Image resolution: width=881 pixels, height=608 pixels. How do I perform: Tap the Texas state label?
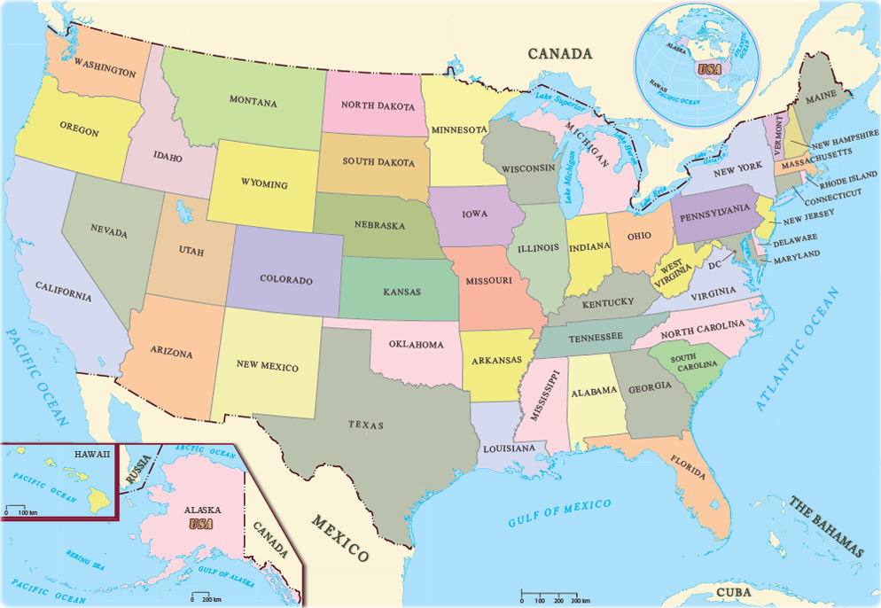pyautogui.click(x=366, y=425)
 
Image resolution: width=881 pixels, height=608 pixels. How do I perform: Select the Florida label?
pyautogui.click(x=689, y=468)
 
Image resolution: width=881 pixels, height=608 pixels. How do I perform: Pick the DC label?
pyautogui.click(x=715, y=265)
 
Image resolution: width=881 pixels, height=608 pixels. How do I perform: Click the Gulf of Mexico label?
pyautogui.click(x=559, y=513)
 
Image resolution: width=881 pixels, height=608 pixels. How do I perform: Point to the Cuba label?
pyautogui.click(x=733, y=592)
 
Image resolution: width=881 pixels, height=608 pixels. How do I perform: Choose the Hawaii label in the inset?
pyautogui.click(x=93, y=454)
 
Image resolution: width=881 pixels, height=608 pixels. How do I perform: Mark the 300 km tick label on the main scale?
pyautogui.click(x=580, y=601)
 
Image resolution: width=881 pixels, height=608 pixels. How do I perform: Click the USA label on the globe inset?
pyautogui.click(x=708, y=68)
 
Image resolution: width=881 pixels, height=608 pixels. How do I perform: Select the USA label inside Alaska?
pyautogui.click(x=202, y=524)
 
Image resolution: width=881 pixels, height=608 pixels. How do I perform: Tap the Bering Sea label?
pyautogui.click(x=85, y=560)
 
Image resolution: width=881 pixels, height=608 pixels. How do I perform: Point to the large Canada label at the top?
pyautogui.click(x=559, y=54)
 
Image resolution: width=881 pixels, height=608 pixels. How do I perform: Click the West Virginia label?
pyautogui.click(x=671, y=273)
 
